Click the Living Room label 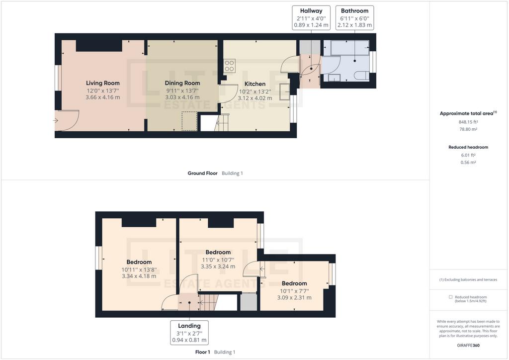[x=102, y=83]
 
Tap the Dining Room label [x=182, y=83]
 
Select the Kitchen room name [x=255, y=84]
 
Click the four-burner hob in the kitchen [x=230, y=65]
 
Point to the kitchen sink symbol [x=285, y=91]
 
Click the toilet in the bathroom [x=362, y=75]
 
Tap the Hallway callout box [x=311, y=18]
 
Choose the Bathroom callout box [x=354, y=18]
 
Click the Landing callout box [x=189, y=333]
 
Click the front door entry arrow [x=55, y=121]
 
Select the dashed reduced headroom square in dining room [x=189, y=121]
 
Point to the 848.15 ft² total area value [x=468, y=122]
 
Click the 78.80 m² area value [x=468, y=129]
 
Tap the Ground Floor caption [x=203, y=174]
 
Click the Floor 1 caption [x=203, y=352]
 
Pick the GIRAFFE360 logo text [x=468, y=346]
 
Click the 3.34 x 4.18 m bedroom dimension [x=139, y=276]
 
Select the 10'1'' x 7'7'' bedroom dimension [x=294, y=291]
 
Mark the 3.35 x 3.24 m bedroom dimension [x=218, y=267]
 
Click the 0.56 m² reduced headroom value [x=468, y=163]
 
